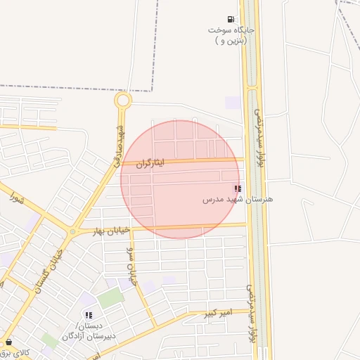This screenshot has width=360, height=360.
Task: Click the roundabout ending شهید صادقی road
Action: pos(123,101)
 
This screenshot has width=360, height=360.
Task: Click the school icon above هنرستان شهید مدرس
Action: pos(238,188)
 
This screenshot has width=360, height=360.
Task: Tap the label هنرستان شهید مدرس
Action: pos(238,200)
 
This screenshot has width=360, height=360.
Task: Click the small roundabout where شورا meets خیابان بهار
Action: pos(72,232)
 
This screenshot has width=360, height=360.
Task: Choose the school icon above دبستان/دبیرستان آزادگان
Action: pos(88,315)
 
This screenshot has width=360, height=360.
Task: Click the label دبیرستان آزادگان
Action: pos(89,331)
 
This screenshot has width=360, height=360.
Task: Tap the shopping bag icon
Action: pos(8,342)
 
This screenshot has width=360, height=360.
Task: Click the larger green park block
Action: pos(110,298)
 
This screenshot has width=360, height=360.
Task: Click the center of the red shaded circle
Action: pos(180,179)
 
